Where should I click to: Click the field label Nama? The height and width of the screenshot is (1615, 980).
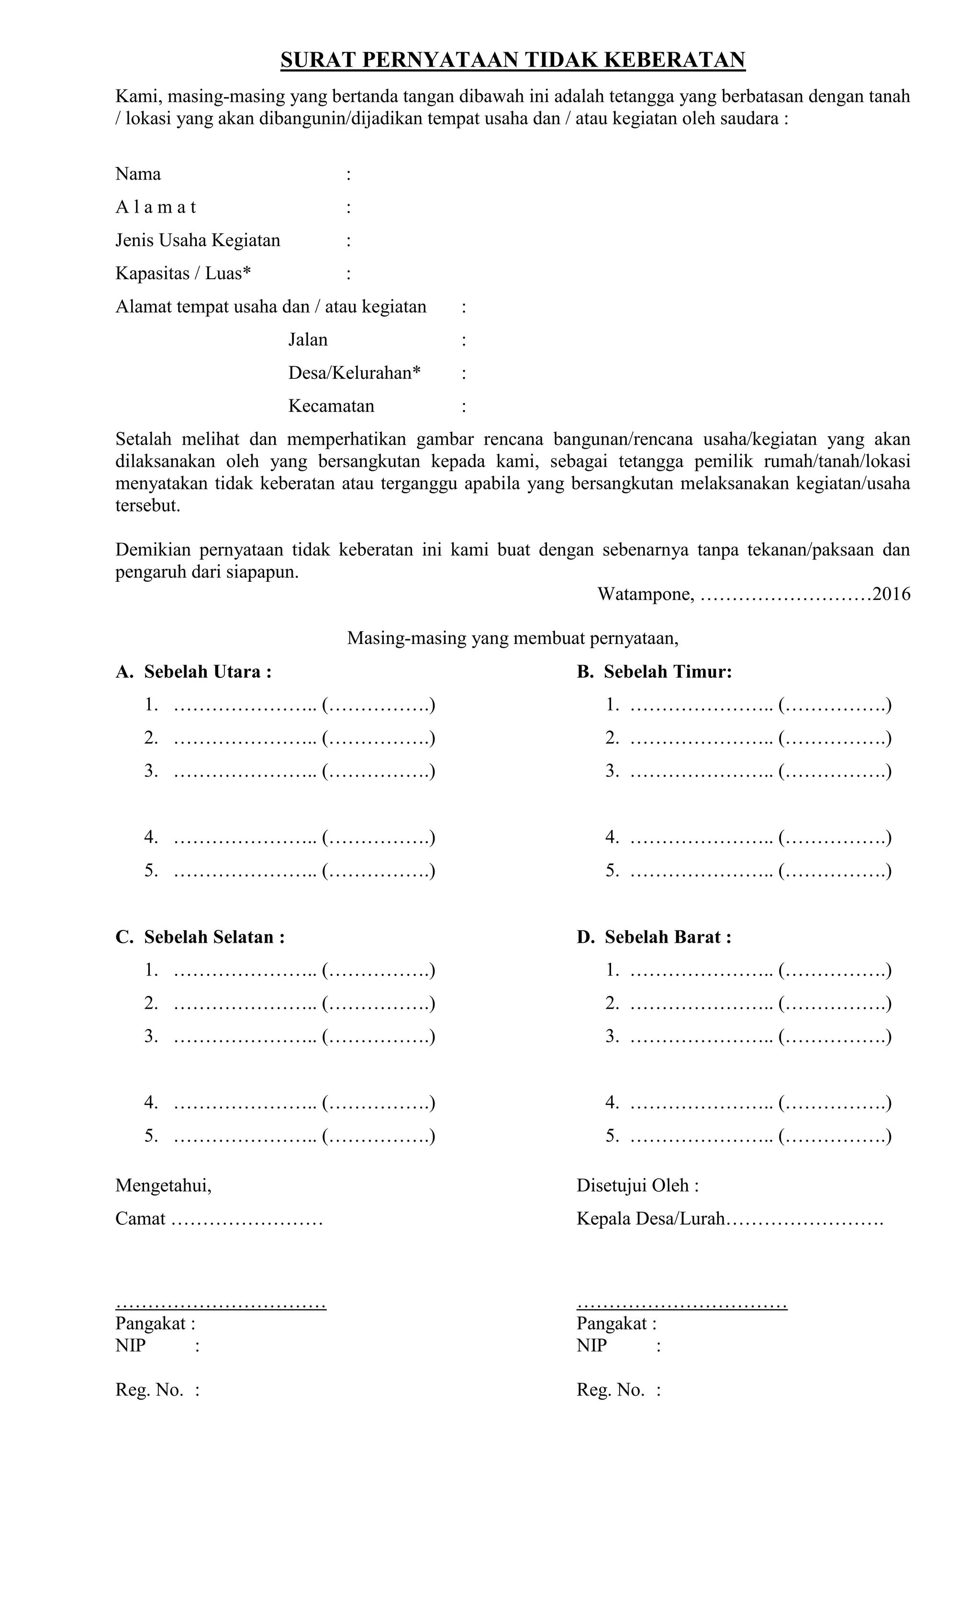pyautogui.click(x=138, y=174)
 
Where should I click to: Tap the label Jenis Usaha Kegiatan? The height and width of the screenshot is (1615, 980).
pyautogui.click(x=198, y=240)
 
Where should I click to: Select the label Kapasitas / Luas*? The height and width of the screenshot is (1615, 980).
pyautogui.click(x=183, y=273)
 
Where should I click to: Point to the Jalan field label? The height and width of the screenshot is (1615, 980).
pyautogui.click(x=308, y=339)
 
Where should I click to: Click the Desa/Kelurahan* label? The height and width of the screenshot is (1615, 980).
pyautogui.click(x=355, y=373)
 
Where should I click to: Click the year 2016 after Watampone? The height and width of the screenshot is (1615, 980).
pyautogui.click(x=891, y=595)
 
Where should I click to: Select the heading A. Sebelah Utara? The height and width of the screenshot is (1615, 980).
pyautogui.click(x=194, y=672)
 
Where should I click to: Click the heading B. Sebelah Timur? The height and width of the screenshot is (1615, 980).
pyautogui.click(x=654, y=672)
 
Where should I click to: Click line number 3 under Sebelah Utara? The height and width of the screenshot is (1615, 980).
pyautogui.click(x=151, y=771)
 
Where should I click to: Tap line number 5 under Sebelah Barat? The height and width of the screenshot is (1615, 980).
pyautogui.click(x=612, y=1136)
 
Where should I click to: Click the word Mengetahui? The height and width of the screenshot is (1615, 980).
pyautogui.click(x=163, y=1186)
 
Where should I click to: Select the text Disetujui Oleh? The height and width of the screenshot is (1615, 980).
pyautogui.click(x=637, y=1186)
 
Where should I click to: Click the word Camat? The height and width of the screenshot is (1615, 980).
pyautogui.click(x=140, y=1219)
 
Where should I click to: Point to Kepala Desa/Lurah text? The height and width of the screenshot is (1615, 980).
pyautogui.click(x=650, y=1219)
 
